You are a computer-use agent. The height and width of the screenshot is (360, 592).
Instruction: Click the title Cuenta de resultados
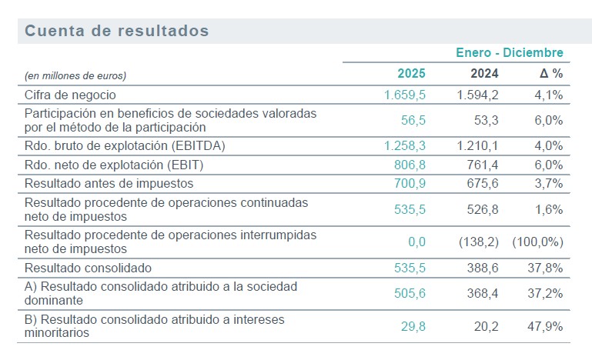point(117,31)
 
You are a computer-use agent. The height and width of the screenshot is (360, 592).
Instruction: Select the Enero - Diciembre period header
point(510,53)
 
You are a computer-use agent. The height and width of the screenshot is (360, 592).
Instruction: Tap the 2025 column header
point(411,74)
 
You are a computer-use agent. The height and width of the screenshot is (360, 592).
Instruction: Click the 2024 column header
point(484,74)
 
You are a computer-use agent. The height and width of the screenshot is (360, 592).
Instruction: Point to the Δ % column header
point(551,74)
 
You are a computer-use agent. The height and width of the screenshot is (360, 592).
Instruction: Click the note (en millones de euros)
point(75,75)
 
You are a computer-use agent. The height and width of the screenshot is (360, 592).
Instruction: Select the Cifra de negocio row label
point(70,95)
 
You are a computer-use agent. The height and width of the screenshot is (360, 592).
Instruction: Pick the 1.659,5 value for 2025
point(405,95)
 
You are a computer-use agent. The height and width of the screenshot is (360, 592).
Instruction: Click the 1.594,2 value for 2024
point(478,95)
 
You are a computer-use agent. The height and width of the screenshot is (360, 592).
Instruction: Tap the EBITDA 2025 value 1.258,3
point(405,145)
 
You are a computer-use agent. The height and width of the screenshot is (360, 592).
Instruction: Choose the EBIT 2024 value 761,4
point(483,164)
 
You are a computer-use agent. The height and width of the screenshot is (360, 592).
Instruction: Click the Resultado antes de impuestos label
point(109,183)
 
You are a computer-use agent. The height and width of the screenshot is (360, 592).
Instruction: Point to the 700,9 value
point(410,183)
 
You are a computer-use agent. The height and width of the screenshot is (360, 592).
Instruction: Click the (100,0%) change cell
point(538,242)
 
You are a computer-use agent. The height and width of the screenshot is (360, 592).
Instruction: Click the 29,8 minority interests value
point(413,327)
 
